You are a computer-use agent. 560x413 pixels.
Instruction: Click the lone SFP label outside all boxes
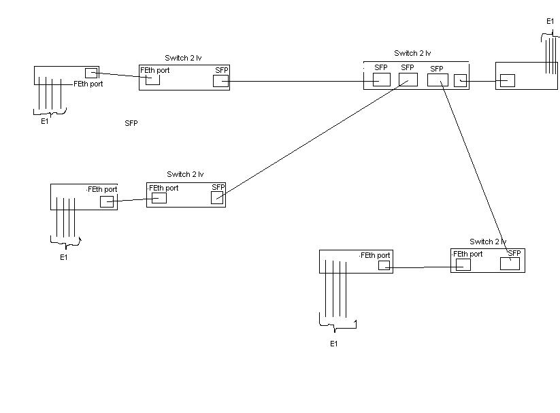[131, 123]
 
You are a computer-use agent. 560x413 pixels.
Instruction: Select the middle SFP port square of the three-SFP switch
[408, 80]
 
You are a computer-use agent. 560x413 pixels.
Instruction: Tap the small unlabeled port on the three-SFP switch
[460, 80]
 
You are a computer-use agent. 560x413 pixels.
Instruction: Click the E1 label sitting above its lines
[550, 22]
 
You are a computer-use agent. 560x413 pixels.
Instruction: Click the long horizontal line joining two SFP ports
[299, 82]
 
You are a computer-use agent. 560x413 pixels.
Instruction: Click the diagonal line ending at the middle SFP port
[312, 139]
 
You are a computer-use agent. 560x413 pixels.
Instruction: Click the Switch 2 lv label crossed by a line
[488, 242]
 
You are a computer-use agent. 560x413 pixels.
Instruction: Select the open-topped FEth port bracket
[152, 80]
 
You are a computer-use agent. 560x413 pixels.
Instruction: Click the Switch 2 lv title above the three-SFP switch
[412, 53]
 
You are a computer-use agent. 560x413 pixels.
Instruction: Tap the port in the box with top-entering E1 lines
[507, 81]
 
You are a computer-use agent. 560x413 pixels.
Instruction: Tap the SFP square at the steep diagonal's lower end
[510, 264]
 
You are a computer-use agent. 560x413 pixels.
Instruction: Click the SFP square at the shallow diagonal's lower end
[217, 198]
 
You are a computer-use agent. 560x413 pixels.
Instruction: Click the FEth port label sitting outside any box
[88, 84]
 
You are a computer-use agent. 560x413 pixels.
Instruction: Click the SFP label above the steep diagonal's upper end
[436, 69]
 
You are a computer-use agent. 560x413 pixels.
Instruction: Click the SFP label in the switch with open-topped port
[221, 70]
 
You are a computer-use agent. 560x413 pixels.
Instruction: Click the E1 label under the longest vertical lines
[333, 344]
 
